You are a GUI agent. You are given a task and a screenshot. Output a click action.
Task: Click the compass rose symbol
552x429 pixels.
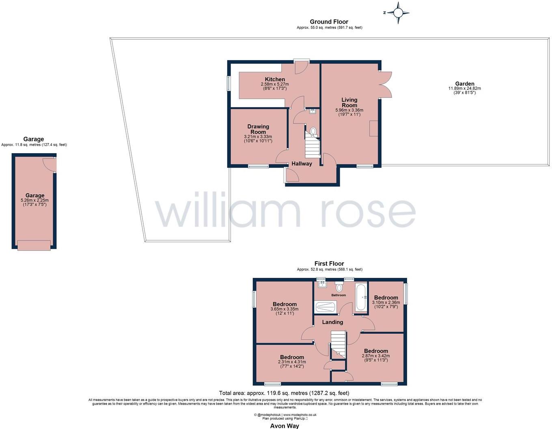click(x=398, y=13)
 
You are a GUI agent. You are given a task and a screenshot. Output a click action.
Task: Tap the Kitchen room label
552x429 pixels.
click(x=275, y=79)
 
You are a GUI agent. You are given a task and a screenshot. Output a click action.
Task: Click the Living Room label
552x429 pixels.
click(x=349, y=102)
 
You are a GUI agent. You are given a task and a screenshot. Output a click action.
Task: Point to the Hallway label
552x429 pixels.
click(x=302, y=164)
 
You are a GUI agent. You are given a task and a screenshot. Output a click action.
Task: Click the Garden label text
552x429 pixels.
click(x=464, y=84)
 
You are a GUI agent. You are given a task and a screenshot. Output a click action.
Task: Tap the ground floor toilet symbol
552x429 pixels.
click(x=313, y=131)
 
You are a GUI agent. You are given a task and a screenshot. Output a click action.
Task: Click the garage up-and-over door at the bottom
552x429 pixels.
click(x=34, y=245)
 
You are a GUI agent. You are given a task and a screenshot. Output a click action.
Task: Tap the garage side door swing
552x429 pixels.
click(x=49, y=164)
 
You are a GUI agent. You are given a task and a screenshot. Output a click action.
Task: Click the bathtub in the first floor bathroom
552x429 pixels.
click(x=360, y=298)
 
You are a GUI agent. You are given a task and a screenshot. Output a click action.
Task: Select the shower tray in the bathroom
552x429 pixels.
click(x=325, y=307)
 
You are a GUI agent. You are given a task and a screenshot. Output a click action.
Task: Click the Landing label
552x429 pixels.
click(x=332, y=322)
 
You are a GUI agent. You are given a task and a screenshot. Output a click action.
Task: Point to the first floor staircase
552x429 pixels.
click(x=339, y=343)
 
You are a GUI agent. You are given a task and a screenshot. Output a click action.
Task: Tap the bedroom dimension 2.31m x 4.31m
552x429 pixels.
click(x=292, y=362)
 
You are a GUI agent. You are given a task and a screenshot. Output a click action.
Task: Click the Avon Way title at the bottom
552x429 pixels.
click(x=285, y=426)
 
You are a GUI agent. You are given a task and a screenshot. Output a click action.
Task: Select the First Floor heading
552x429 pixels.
click(x=329, y=264)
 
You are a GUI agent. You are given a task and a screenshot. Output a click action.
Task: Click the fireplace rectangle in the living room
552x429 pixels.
click(x=373, y=128)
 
